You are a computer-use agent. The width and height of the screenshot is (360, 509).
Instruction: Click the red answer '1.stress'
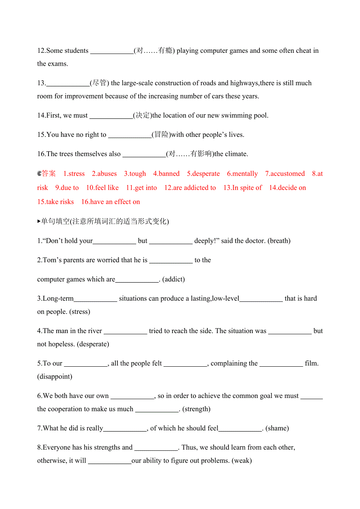(74, 174)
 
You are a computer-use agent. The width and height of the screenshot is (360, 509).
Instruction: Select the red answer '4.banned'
(166, 174)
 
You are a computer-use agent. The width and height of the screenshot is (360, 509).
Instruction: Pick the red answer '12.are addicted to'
(190, 188)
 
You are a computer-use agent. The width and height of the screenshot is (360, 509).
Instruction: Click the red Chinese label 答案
(49, 174)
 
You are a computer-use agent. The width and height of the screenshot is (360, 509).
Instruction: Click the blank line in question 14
(111, 116)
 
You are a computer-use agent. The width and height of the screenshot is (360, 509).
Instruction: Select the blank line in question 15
(130, 135)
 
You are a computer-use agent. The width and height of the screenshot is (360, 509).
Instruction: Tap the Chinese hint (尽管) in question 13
(100, 83)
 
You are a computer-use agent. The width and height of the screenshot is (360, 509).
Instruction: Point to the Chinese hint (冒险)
(161, 135)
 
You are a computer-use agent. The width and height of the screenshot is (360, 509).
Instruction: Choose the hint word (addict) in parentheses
(173, 279)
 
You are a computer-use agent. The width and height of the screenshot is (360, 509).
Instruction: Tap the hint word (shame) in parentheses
(277, 428)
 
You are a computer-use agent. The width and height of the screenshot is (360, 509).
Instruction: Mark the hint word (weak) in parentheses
(242, 461)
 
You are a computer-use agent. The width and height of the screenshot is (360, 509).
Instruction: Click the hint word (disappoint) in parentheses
(55, 376)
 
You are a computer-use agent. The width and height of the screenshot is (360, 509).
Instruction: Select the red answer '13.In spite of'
(243, 188)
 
